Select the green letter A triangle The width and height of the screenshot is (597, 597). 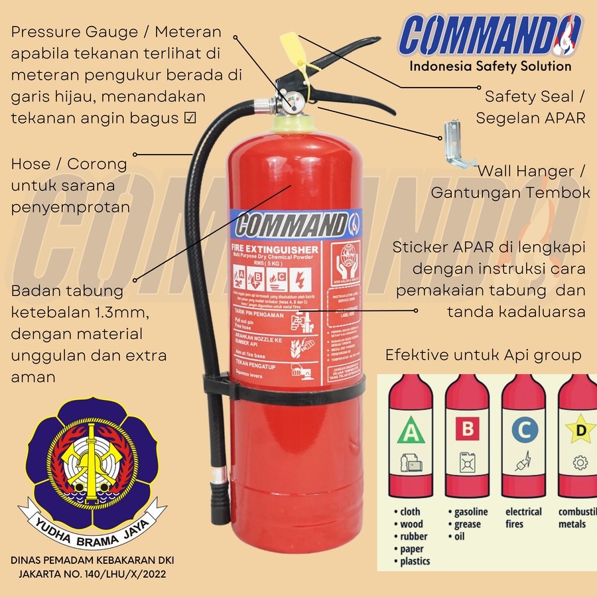coord(410,432)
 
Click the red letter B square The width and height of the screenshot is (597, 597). coord(468,429)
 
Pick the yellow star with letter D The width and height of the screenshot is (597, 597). coord(580,430)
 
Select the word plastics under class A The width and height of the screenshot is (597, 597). coord(415,561)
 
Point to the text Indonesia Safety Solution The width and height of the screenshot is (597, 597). coord(490,66)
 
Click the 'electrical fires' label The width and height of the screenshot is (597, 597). coord(523,517)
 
